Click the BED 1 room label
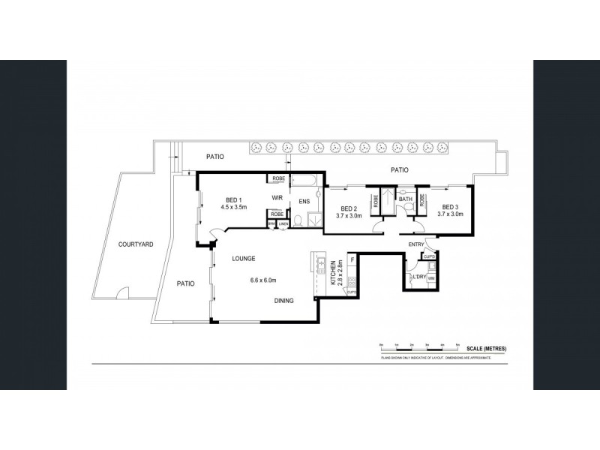[x=232, y=199]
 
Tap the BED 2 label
[x=347, y=208]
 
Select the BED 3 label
[x=449, y=207]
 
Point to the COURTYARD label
[x=136, y=244]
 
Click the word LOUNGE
[x=244, y=259]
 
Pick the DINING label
[x=283, y=301]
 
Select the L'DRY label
[x=418, y=277]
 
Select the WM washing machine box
[x=430, y=279]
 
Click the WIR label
[x=277, y=198]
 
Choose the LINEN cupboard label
[x=283, y=223]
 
